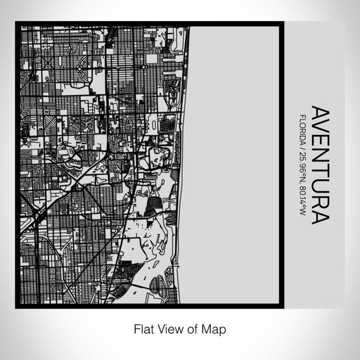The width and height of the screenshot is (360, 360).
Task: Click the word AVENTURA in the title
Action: click(319, 165)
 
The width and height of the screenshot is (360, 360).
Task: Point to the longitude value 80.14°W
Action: click(302, 200)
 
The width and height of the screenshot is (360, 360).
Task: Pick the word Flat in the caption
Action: click(144, 328)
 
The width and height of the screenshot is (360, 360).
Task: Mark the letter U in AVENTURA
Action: click(319, 188)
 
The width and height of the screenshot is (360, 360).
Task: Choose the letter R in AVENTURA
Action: click(319, 202)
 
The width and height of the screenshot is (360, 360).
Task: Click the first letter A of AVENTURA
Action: click(319, 114)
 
